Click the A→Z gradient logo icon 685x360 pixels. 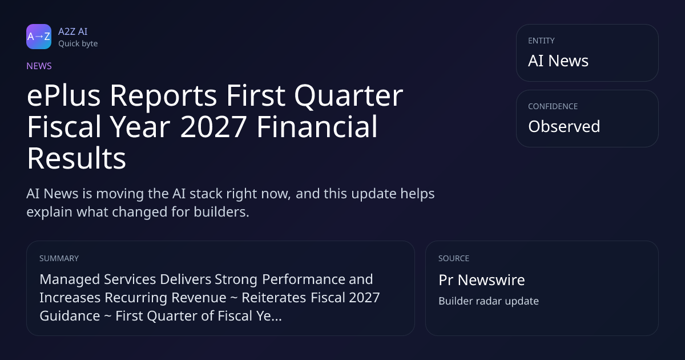(39, 37)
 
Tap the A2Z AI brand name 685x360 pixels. (73, 31)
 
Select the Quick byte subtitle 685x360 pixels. (78, 44)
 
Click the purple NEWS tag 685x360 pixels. (39, 66)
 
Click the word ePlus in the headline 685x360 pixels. (63, 96)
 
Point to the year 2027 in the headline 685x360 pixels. (213, 127)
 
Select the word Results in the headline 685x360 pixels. (76, 158)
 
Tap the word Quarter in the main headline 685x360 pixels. (349, 97)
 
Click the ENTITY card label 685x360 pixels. (541, 41)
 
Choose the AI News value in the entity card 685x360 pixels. (558, 61)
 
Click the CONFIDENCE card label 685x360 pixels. (553, 106)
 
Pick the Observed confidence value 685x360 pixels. (564, 126)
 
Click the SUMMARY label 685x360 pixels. (59, 258)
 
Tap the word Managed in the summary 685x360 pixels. (70, 280)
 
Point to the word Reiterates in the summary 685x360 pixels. (273, 298)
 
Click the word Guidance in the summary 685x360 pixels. (70, 316)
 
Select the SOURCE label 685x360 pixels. (454, 258)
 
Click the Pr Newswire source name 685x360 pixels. (482, 280)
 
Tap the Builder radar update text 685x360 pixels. (489, 301)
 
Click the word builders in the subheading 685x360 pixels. (221, 212)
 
